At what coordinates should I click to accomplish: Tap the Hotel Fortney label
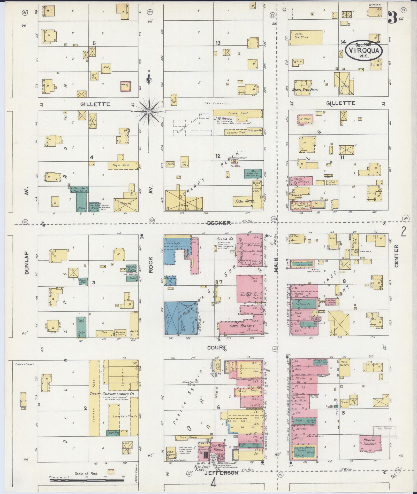click(x=239, y=326)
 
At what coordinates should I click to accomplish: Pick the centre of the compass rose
click(x=149, y=112)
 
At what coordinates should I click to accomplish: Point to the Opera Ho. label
click(x=225, y=239)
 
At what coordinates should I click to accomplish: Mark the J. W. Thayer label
click(x=224, y=119)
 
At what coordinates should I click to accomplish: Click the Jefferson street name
click(x=221, y=473)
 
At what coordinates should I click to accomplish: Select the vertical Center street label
click(x=396, y=256)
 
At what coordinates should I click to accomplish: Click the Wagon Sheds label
click(x=121, y=165)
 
